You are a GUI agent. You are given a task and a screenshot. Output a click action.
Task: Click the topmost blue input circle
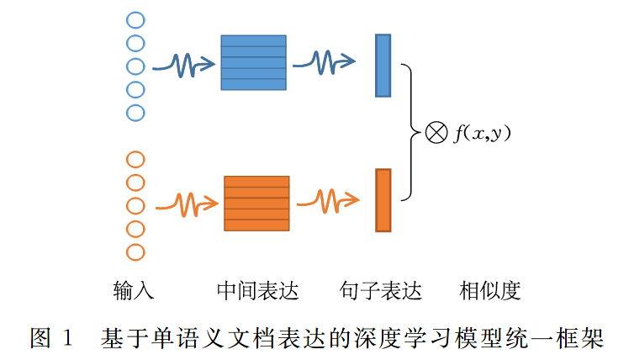pos(135,19)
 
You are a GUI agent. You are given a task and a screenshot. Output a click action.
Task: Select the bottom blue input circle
pos(135,112)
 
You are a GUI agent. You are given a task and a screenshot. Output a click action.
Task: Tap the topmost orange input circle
pos(135,159)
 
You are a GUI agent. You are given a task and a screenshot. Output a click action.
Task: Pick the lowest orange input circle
pos(135,251)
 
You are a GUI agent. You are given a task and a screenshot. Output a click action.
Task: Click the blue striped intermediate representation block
pos(253,62)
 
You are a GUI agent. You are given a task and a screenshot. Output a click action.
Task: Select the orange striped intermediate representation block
pos(256,203)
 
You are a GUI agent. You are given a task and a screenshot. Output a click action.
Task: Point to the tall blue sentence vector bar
pos(383,65)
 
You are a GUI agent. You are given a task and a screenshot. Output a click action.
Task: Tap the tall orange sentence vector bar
pos(383,200)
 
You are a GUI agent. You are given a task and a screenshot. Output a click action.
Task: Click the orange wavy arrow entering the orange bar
pos(328,201)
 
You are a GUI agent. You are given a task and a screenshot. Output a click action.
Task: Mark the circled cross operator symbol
pos(436,133)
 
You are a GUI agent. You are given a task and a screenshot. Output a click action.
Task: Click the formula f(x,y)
pos(484,133)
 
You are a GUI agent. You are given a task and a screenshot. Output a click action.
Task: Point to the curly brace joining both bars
pos(410,132)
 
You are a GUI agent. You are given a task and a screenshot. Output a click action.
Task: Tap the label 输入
pos(134,291)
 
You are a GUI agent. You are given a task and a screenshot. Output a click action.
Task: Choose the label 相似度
pos(490,291)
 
